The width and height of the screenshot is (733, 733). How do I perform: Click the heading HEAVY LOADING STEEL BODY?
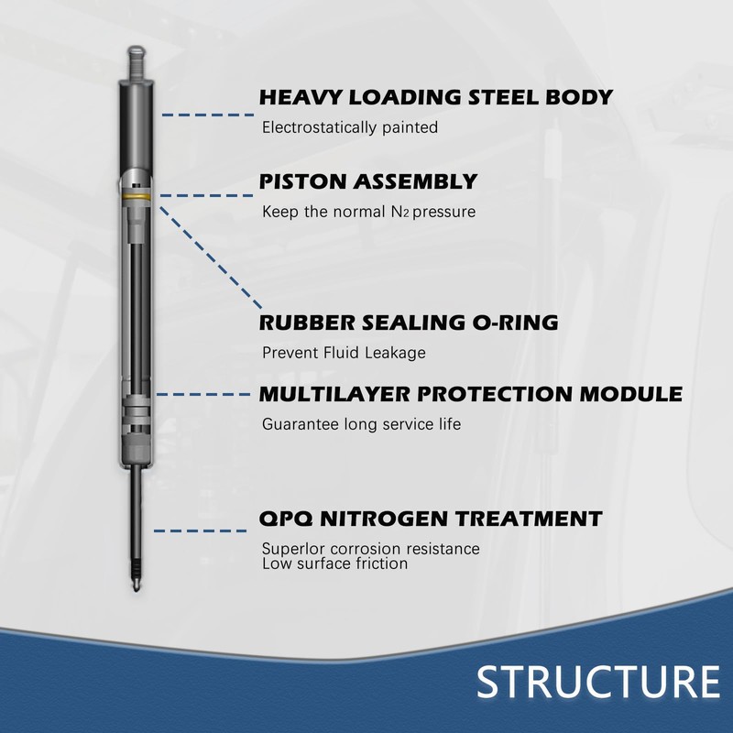pos(435,98)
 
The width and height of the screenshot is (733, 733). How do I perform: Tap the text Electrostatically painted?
pos(350,128)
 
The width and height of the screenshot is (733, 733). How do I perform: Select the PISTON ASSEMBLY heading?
pos(368,181)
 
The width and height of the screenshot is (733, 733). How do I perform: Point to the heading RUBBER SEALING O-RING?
pos(409,323)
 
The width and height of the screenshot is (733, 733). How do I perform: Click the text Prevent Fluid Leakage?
pos(344,353)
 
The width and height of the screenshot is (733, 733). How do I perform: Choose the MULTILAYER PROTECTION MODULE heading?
pos(471,395)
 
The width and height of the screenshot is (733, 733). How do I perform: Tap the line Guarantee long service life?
pos(361,424)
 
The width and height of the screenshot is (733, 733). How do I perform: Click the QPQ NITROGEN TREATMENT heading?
pos(431,520)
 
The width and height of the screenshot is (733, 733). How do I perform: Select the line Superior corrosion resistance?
pos(370,549)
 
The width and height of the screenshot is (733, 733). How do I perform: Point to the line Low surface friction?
pos(334,563)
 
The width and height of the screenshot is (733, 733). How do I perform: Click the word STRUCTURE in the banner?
pos(597,683)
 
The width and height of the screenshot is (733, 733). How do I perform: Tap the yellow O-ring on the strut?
pos(137,195)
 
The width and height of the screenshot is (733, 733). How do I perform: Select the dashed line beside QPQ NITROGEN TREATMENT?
pos(203,531)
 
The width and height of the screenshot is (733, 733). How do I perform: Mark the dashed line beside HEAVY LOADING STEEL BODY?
pos(206,115)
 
